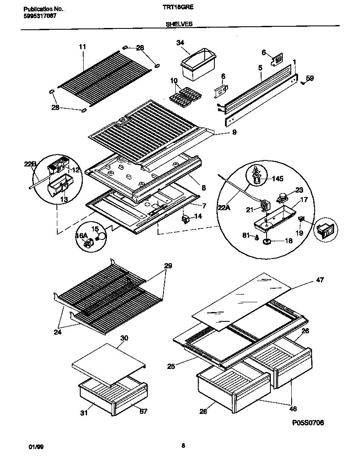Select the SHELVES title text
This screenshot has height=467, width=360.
point(179,24)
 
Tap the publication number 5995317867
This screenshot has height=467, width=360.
point(39,16)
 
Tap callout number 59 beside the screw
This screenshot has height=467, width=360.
point(310,78)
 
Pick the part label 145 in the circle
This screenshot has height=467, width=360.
point(278,179)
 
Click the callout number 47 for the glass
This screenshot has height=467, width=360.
point(319,280)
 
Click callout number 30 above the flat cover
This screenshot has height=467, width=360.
point(124,338)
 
